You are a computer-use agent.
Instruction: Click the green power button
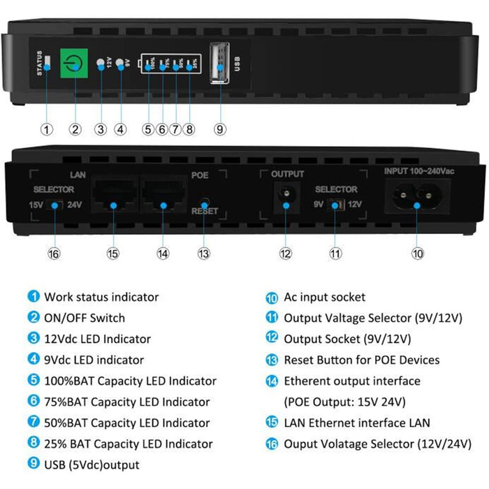(x=73, y=63)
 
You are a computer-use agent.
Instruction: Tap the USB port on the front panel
(x=220, y=63)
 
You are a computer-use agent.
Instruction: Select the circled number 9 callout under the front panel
(x=220, y=129)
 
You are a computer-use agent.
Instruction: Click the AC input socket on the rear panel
(x=416, y=196)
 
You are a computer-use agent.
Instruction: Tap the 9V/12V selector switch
(x=335, y=205)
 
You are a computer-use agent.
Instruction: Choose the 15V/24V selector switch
(x=54, y=205)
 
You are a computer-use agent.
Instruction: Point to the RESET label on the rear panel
(x=205, y=211)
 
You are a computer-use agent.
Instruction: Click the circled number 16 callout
(x=54, y=253)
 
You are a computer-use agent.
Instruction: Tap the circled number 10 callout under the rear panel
(x=418, y=253)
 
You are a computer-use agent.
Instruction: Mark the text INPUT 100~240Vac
(x=419, y=171)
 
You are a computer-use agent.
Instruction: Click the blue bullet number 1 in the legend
(x=34, y=296)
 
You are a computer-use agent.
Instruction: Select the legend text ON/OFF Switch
(x=85, y=318)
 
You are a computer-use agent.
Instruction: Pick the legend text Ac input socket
(x=324, y=297)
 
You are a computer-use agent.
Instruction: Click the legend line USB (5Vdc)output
(x=92, y=465)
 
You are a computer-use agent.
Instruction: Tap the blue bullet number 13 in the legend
(x=272, y=360)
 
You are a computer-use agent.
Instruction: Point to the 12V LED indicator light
(x=101, y=63)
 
